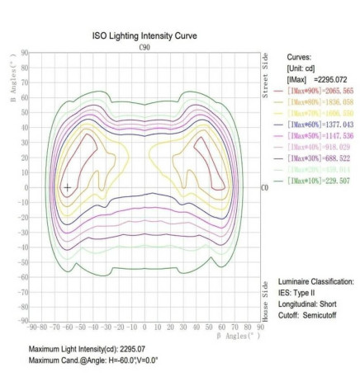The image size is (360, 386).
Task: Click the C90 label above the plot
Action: [147, 48]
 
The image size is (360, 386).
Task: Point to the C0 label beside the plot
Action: [265, 188]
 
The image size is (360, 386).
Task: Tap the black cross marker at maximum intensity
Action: [67, 188]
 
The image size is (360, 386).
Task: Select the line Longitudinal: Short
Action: [309, 304]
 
